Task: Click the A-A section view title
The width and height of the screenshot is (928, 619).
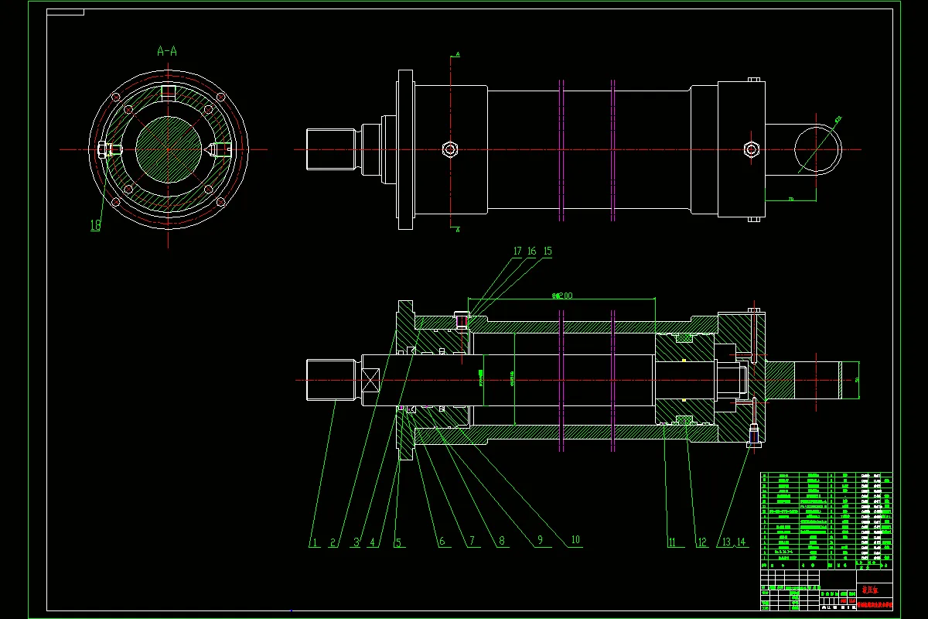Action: (167, 52)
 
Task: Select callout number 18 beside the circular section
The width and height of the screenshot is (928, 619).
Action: (95, 225)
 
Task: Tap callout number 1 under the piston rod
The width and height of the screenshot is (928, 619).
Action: (314, 542)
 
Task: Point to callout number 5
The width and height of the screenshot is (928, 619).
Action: (398, 542)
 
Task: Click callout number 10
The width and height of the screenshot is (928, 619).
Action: (575, 541)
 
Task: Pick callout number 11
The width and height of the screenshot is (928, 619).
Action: (671, 542)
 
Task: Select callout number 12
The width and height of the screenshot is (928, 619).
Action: (702, 542)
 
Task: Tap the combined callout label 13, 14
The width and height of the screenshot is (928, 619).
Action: (732, 542)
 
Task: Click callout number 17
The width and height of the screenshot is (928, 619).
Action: (517, 251)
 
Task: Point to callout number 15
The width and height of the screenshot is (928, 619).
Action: (548, 251)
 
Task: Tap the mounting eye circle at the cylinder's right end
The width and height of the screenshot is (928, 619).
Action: (818, 149)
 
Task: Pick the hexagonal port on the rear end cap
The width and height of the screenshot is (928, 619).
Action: (749, 149)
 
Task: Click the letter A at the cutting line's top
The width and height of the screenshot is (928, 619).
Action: (458, 54)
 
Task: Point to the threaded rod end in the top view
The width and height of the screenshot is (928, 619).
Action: (330, 149)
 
